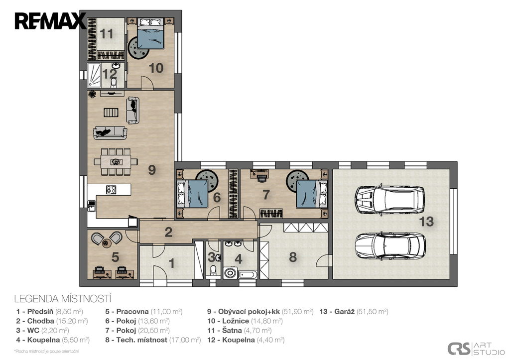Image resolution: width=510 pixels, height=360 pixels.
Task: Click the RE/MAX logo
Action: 50,21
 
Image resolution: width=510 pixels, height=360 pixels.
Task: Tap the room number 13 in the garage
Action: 426,222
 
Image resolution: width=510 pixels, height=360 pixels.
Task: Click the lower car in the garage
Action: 390,245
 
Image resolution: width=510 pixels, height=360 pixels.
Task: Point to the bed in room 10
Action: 150,33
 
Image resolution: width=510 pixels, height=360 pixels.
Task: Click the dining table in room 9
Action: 116,162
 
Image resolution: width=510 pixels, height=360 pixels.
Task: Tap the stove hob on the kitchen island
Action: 111,189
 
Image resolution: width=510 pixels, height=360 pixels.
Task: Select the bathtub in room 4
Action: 248,275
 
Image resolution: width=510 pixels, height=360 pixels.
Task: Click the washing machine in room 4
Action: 230,272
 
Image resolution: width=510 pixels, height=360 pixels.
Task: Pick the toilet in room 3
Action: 213,270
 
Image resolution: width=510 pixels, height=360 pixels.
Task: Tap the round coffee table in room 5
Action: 107,242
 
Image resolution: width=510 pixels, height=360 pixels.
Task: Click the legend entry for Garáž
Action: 354,312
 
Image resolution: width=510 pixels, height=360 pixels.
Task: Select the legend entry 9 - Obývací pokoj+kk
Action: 260,312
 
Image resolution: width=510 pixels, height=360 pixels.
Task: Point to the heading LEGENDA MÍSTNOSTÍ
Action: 63,299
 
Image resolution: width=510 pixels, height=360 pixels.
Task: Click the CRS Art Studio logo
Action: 476,349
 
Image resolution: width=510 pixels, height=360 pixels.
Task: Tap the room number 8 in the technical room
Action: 293,257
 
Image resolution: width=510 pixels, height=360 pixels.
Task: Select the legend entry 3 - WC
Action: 43,331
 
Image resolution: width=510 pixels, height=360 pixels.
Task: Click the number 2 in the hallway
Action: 168,232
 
